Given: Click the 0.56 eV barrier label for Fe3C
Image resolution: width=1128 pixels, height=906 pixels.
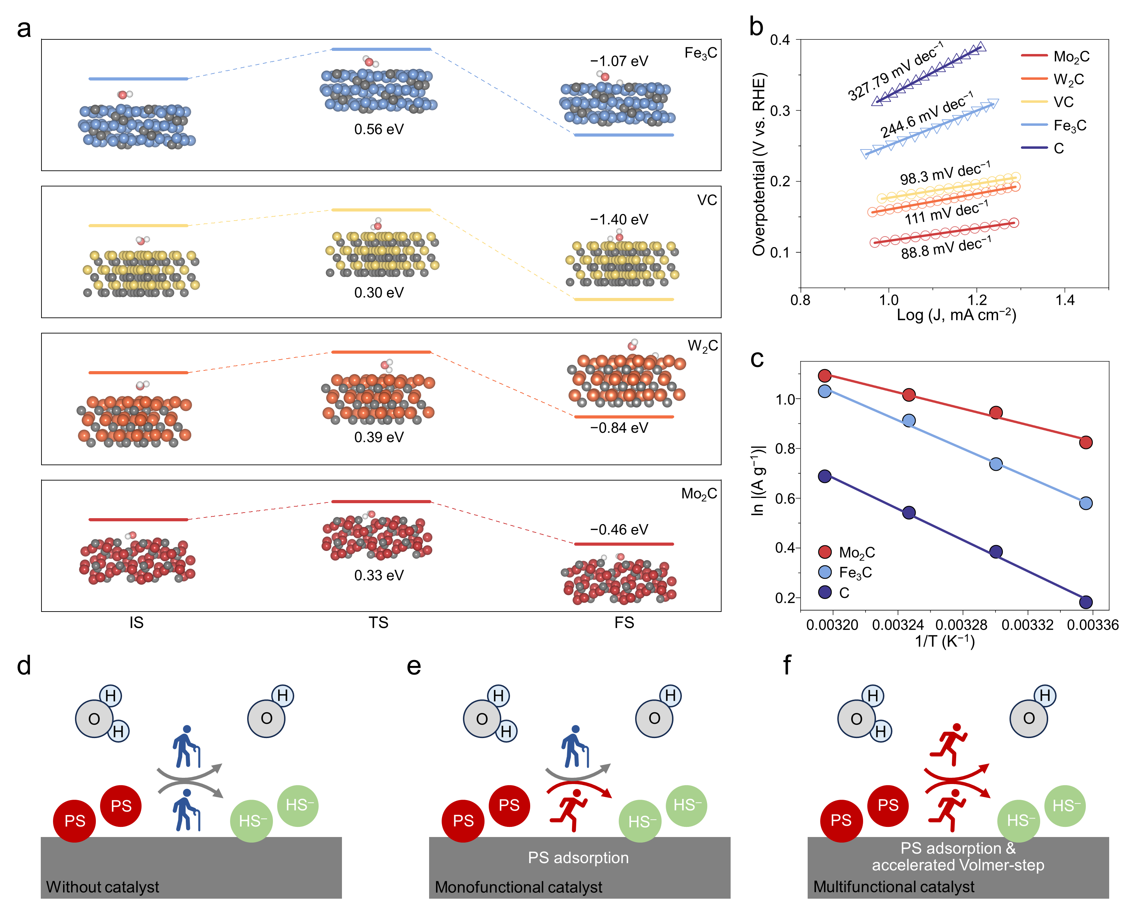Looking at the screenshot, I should click(379, 129).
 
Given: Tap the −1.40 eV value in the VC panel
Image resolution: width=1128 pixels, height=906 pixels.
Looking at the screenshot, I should click(619, 219).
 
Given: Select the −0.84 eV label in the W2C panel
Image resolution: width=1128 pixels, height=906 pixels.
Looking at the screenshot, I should click(619, 428).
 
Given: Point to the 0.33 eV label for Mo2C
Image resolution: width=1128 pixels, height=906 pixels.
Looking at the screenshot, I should click(379, 575).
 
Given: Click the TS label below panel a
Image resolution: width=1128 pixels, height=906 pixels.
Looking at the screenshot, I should click(378, 622).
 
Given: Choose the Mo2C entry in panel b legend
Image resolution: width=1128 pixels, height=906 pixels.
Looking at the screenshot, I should click(1071, 56).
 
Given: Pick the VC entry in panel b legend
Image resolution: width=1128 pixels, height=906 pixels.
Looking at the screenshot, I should click(1063, 102).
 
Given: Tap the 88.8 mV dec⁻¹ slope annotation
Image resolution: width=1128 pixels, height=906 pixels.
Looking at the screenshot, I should click(945, 247).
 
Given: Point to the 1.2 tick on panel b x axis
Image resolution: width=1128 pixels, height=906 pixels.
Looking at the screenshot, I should click(976, 300).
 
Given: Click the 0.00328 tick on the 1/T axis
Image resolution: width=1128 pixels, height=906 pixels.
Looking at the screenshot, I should click(962, 624).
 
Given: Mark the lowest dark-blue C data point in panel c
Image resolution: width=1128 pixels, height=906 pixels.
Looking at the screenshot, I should click(1085, 602).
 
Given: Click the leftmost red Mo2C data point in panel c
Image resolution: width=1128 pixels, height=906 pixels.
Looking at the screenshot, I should click(824, 376).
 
